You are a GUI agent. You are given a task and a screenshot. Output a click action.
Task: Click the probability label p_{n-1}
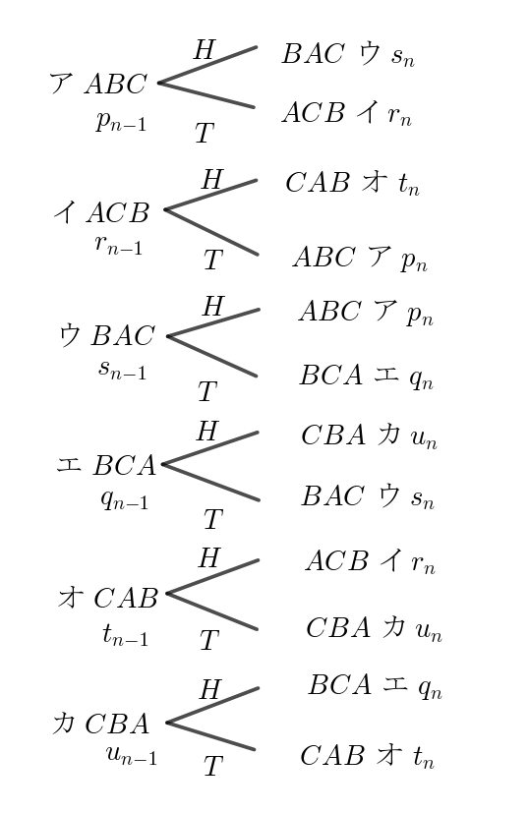tap(121, 122)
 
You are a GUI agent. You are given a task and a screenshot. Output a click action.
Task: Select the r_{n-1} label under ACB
tap(119, 244)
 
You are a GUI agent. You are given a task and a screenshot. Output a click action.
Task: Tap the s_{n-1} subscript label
tap(122, 370)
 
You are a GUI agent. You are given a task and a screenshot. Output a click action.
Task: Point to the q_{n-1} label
tap(125, 499)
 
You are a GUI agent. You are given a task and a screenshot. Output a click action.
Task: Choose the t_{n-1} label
tap(126, 635)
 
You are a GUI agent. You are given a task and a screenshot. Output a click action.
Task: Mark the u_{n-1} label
tap(131, 755)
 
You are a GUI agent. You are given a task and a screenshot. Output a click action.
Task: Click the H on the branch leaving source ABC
tap(205, 50)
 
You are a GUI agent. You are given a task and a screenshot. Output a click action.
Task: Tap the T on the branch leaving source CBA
tap(213, 766)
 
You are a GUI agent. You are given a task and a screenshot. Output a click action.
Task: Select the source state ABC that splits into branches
tap(116, 84)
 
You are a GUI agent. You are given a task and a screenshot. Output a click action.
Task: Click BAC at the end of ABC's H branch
tap(313, 53)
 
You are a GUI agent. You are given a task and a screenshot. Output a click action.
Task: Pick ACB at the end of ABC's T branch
tap(314, 112)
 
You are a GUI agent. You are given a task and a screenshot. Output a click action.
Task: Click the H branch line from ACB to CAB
tap(210, 195)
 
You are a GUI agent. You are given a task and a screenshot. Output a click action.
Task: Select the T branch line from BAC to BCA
tap(212, 356)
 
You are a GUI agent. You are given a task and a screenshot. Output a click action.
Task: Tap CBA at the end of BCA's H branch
tap(333, 436)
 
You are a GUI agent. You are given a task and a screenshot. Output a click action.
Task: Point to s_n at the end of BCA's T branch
tap(423, 498)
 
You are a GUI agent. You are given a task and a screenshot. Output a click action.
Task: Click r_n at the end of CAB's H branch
tap(423, 563)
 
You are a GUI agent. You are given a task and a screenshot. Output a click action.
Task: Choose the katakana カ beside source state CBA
tap(63, 723)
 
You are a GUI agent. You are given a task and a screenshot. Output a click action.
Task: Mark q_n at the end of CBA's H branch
tap(430, 688)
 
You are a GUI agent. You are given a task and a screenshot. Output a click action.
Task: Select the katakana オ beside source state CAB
tap(71, 598)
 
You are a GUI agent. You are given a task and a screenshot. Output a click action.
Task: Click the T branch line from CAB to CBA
tap(212, 611)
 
